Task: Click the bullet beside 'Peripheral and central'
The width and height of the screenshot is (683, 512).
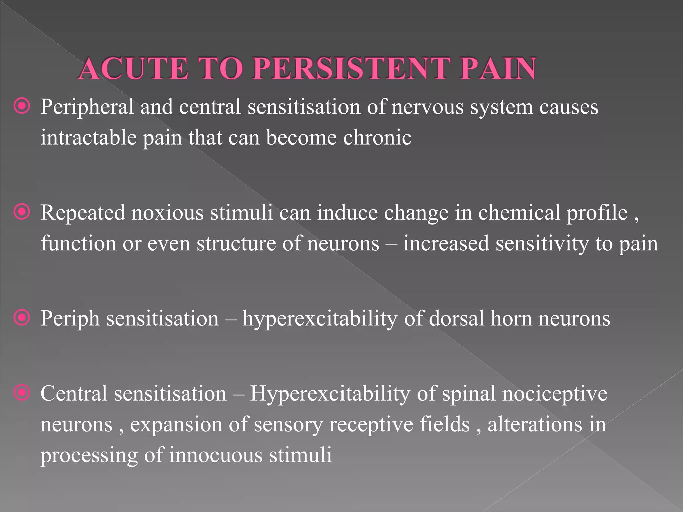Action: [22, 106]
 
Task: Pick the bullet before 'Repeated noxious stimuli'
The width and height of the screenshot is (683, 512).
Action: [22, 212]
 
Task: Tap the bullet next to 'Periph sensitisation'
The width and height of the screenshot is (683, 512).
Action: [22, 318]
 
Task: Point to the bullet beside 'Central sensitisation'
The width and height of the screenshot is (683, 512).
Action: [22, 393]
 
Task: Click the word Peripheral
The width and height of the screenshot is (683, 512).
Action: [87, 107]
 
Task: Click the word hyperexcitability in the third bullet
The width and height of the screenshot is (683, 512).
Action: [320, 319]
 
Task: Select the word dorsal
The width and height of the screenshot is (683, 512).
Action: [456, 318]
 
